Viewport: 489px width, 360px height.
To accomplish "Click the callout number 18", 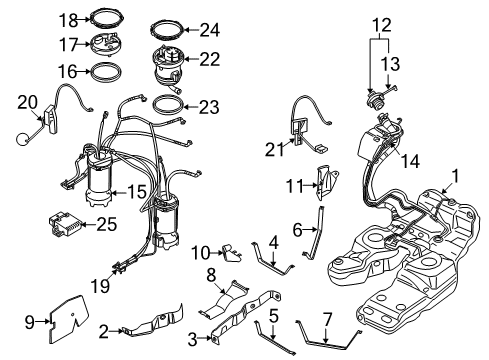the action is [x=69, y=21].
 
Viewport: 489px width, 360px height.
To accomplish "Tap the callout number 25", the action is [x=107, y=224].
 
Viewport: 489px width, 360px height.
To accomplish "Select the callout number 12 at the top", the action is [x=382, y=25].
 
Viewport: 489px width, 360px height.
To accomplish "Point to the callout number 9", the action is [x=30, y=322].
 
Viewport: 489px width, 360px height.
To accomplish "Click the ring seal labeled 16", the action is [x=106, y=79].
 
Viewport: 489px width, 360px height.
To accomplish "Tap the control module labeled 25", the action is [x=64, y=223].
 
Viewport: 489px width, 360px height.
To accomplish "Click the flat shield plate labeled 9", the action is [x=68, y=319].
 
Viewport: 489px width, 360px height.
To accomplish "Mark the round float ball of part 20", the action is [x=23, y=139].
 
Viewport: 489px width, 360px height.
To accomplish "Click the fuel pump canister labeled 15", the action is [x=99, y=178].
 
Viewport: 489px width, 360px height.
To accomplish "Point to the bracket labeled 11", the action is [x=326, y=183].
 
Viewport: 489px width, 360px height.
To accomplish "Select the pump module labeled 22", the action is [x=168, y=67].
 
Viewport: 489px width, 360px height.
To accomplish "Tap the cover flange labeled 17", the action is [x=106, y=44].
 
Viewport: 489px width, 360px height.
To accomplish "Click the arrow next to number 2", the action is [x=116, y=331].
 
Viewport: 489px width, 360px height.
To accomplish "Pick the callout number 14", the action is [x=410, y=161].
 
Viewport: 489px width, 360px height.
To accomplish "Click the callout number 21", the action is [x=275, y=149].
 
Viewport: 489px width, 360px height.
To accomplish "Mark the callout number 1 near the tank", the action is [x=455, y=176].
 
